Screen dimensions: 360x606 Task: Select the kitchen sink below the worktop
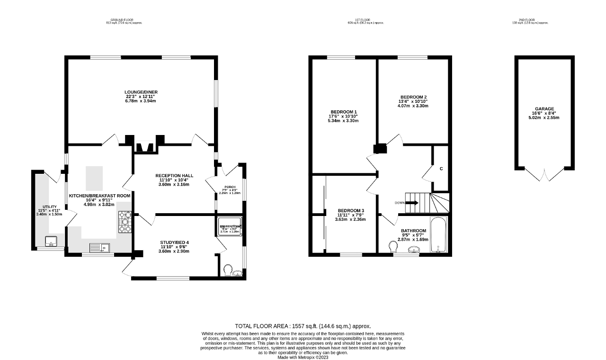click(x=99, y=247)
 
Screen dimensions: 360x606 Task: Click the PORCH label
click(x=230, y=187)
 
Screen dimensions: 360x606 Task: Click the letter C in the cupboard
click(x=441, y=169)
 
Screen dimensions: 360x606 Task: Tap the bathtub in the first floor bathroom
click(x=438, y=235)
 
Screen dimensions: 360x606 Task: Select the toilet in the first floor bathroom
click(x=392, y=247)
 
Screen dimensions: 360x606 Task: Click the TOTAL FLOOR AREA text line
click(x=303, y=326)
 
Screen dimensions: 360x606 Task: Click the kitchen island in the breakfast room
click(x=94, y=178)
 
